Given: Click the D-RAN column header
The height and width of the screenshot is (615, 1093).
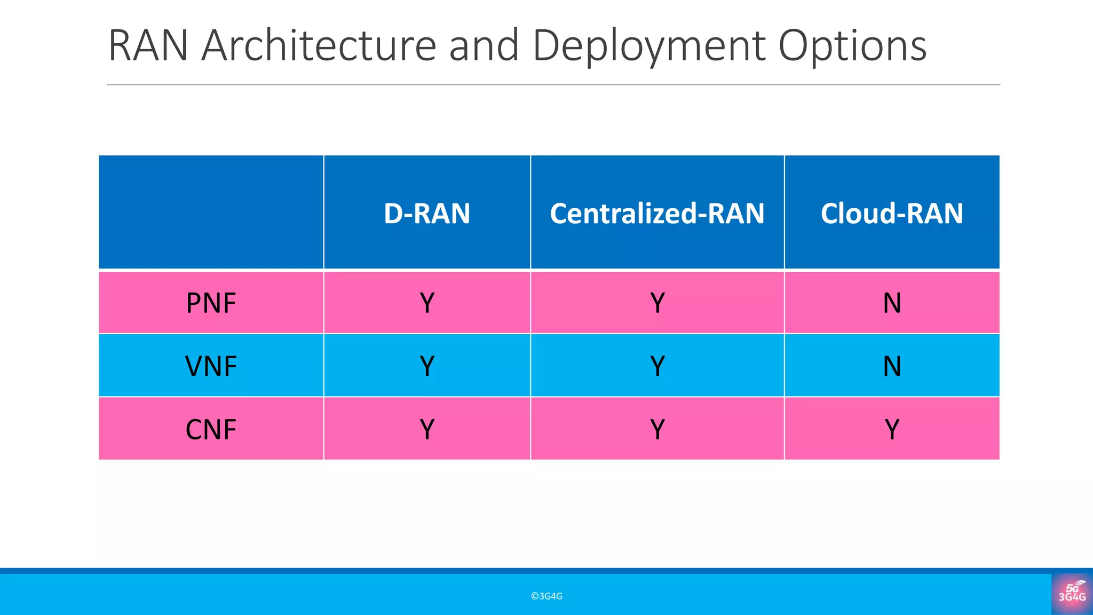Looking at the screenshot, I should (x=427, y=214).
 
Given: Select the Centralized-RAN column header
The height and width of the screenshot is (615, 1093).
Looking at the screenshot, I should (x=657, y=214).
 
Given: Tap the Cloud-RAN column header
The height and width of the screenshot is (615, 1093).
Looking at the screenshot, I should (x=892, y=214).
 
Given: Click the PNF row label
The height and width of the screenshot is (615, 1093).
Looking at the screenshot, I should (x=211, y=303).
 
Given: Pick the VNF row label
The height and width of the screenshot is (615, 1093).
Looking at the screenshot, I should (x=211, y=366).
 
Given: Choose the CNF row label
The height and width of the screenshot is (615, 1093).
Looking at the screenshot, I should (x=211, y=429).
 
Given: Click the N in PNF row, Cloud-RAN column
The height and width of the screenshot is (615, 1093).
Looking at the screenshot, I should (x=892, y=303).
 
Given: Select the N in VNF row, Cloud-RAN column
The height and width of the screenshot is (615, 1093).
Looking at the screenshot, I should (x=892, y=366).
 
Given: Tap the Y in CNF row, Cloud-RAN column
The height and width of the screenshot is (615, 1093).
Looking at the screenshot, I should (x=892, y=429).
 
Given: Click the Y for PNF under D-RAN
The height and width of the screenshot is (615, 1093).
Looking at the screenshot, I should (x=427, y=303).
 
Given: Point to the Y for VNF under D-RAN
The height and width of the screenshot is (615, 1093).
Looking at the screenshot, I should (x=427, y=366).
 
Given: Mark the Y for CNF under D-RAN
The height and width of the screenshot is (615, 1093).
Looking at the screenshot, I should (x=427, y=429).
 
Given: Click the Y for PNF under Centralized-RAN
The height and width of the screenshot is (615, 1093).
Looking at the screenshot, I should (x=657, y=303).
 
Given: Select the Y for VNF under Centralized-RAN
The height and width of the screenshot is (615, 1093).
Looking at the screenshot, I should (x=657, y=366).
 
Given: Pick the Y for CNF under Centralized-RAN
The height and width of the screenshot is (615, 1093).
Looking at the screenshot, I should (x=657, y=429).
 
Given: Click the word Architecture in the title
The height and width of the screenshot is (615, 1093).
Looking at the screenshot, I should (x=319, y=46).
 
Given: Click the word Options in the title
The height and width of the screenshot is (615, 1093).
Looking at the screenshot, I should (x=852, y=46).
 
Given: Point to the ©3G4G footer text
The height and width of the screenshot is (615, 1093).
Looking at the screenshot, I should (x=546, y=596).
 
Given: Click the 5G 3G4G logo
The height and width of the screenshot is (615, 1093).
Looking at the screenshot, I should (x=1072, y=593).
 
